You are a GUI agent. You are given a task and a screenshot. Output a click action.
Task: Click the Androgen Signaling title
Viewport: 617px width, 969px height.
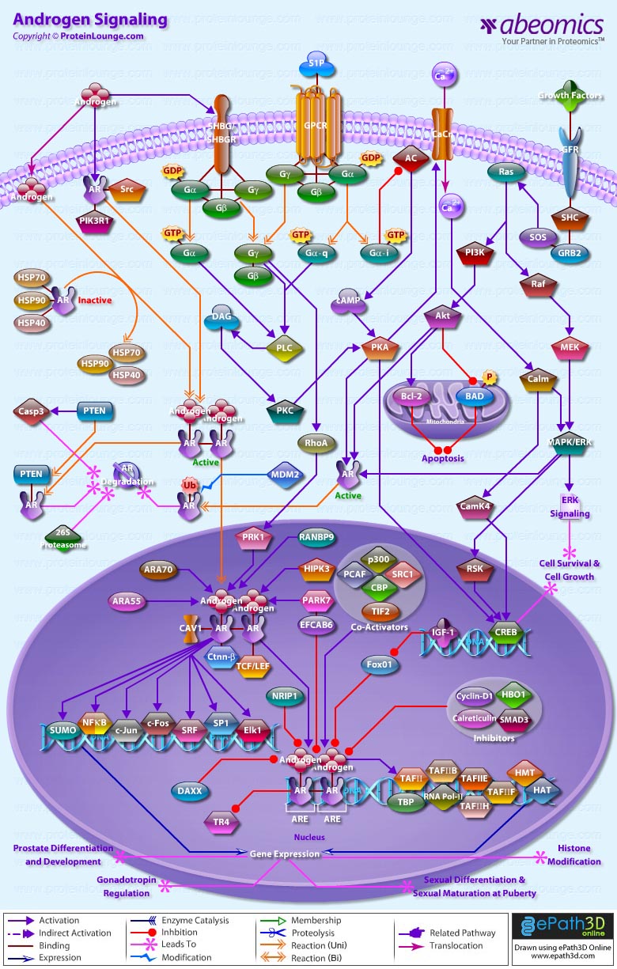90,20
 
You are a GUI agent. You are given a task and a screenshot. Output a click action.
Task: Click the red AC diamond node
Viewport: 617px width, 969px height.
411,158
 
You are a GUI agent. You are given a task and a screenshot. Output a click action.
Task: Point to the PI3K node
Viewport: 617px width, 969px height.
475,253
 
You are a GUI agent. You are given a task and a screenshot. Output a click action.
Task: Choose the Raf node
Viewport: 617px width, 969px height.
538,283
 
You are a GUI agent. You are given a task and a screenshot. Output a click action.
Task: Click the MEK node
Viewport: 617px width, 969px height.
569,347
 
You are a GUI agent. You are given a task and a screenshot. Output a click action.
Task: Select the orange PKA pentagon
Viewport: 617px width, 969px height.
379,348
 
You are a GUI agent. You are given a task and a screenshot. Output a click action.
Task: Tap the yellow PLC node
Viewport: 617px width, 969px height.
284,347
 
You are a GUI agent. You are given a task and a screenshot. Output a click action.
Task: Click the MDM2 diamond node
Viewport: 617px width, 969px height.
286,475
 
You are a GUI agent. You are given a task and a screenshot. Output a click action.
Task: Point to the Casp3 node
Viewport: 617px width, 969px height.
32,411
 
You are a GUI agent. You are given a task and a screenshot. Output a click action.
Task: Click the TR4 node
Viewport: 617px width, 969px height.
222,822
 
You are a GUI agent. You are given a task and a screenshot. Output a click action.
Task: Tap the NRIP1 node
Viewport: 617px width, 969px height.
285,696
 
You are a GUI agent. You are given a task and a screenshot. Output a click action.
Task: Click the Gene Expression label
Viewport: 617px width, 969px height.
285,854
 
